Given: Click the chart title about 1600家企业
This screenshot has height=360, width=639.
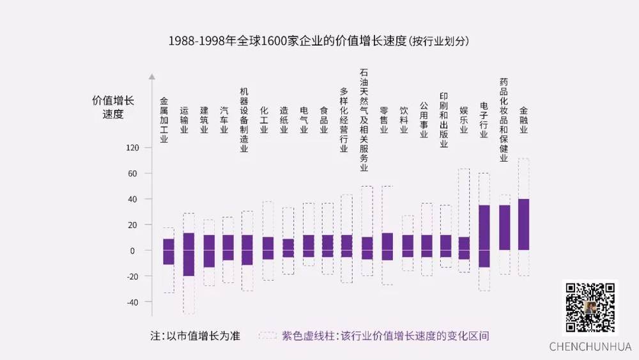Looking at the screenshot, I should coord(319,41).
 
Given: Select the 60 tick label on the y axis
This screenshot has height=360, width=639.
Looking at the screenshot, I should coord(133,174).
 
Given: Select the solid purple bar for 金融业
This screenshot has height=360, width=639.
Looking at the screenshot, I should coord(523,224).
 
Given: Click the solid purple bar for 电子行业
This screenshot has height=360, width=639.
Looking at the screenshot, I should coord(484,235).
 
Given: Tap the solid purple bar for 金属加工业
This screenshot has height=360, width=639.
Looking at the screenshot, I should coord(169,251).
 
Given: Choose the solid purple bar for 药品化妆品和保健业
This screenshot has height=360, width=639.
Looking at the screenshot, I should coord(504,227).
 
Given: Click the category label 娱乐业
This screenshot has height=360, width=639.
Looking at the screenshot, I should coord(464,119).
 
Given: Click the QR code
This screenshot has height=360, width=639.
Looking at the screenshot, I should coord(590,308).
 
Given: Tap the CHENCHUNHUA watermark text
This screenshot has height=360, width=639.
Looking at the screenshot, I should coord(590,347).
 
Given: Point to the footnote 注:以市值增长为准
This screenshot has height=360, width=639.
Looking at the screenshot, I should coord(195,336).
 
